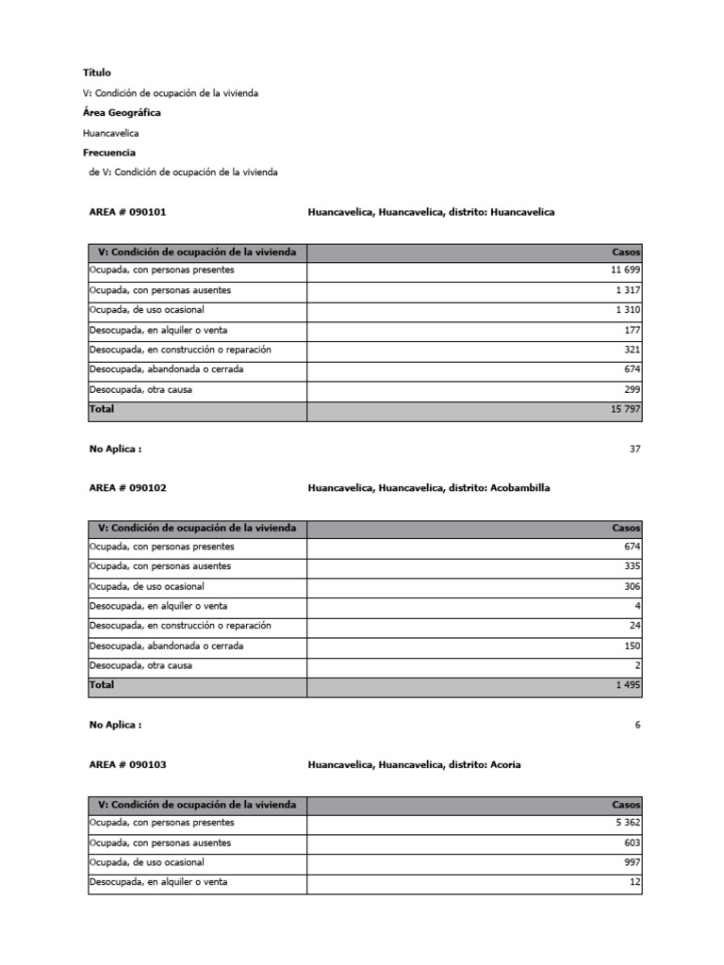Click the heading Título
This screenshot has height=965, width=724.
(97, 73)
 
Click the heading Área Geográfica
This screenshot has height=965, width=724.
(122, 112)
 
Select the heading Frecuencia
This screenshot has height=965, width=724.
(109, 152)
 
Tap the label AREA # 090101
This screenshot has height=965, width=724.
(127, 212)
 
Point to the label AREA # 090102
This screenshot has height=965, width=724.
(127, 488)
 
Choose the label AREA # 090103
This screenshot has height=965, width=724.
(127, 764)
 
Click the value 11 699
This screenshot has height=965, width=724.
(625, 270)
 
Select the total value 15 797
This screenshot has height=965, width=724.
(625, 410)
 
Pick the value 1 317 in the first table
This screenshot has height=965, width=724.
(628, 290)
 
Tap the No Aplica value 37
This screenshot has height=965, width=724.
(634, 450)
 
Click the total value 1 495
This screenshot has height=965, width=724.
(628, 686)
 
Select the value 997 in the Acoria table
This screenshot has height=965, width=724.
(632, 862)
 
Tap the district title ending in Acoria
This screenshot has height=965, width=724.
(414, 764)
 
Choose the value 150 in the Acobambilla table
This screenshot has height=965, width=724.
(632, 646)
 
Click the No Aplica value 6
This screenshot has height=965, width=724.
(637, 726)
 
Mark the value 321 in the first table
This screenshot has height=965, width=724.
(632, 350)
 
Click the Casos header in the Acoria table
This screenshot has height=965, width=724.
(626, 805)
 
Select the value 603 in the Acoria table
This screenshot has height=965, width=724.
(632, 843)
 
